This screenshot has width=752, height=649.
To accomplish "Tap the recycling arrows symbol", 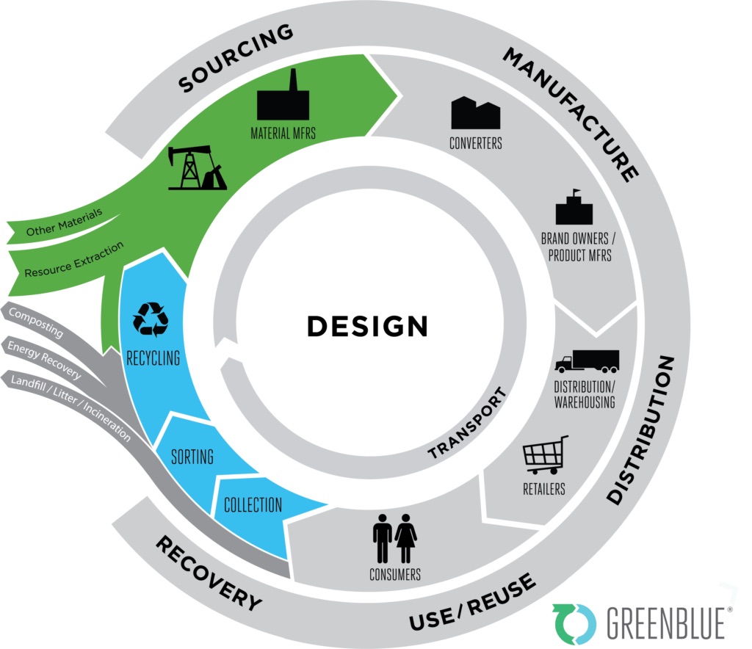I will (151, 319).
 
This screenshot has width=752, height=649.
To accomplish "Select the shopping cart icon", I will (545, 454).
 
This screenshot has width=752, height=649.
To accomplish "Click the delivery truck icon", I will (587, 360).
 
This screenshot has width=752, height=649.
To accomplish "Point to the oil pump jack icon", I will (196, 167).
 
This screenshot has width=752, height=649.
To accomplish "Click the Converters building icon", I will (475, 113).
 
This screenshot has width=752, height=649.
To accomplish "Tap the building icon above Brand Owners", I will (574, 208).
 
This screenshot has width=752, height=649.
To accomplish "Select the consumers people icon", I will (395, 537).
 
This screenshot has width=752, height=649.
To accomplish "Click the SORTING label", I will (192, 457).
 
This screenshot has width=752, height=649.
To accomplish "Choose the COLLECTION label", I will (253, 504).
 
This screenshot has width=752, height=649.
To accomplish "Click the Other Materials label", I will (63, 221).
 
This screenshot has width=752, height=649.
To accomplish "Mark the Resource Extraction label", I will (73, 259).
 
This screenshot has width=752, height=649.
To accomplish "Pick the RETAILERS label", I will (544, 487).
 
